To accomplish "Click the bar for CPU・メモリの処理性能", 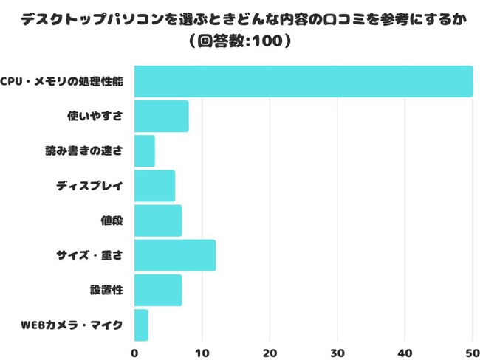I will (x=303, y=81).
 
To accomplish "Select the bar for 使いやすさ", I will (x=161, y=116).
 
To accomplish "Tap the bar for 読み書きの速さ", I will (x=145, y=150).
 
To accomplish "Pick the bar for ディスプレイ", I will (x=154, y=186).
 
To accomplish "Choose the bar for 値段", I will (x=158, y=221).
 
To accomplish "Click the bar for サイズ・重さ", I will (x=175, y=255).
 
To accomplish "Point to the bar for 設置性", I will (x=158, y=290).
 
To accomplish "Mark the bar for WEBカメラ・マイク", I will (x=141, y=325).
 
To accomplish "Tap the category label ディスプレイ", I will (x=89, y=186).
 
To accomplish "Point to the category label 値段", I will (x=112, y=221).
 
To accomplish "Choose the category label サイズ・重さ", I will (x=89, y=255).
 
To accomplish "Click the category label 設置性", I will (x=106, y=290).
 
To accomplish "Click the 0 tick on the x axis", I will (x=134, y=352).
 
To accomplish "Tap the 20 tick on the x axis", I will (x=270, y=352).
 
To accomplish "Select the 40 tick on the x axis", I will (x=405, y=352).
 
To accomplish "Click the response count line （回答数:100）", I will (x=239, y=41).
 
